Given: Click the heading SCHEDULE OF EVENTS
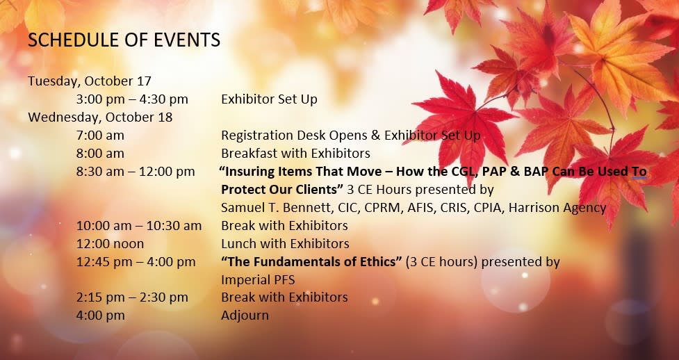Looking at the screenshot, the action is (x=124, y=40).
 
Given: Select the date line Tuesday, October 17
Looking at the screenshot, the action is (x=90, y=81).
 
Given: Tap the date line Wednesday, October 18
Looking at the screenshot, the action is (x=100, y=117).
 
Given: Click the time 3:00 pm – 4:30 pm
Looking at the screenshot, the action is (x=132, y=99).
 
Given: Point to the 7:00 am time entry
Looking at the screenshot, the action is (x=100, y=136).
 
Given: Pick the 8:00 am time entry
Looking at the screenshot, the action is (x=100, y=154).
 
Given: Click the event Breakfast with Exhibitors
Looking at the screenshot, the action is (x=295, y=154).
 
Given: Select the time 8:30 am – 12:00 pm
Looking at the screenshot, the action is (x=136, y=172).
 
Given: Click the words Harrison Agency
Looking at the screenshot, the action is (x=557, y=208).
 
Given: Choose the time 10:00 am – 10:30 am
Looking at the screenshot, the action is (x=139, y=226).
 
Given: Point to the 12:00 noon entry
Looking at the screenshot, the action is (x=110, y=244).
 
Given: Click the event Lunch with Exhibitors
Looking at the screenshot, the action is (x=285, y=244).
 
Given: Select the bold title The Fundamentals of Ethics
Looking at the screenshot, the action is (x=311, y=262).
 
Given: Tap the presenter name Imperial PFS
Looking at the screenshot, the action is (x=258, y=280).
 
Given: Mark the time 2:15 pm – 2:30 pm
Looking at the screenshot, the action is (x=132, y=297).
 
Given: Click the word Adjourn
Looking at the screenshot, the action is (x=245, y=316).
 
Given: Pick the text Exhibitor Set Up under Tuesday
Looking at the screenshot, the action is (x=269, y=99).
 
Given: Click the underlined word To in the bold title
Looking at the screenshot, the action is (x=639, y=172).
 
